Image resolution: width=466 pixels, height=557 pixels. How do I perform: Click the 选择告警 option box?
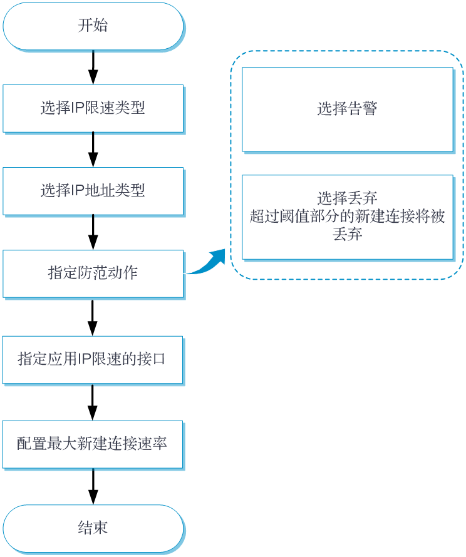(x=347, y=110)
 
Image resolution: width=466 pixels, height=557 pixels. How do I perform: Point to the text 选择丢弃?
(x=347, y=199)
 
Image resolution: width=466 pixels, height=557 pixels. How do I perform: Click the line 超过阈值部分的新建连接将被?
(x=347, y=217)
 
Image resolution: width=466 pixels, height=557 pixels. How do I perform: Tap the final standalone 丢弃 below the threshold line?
(x=347, y=234)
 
